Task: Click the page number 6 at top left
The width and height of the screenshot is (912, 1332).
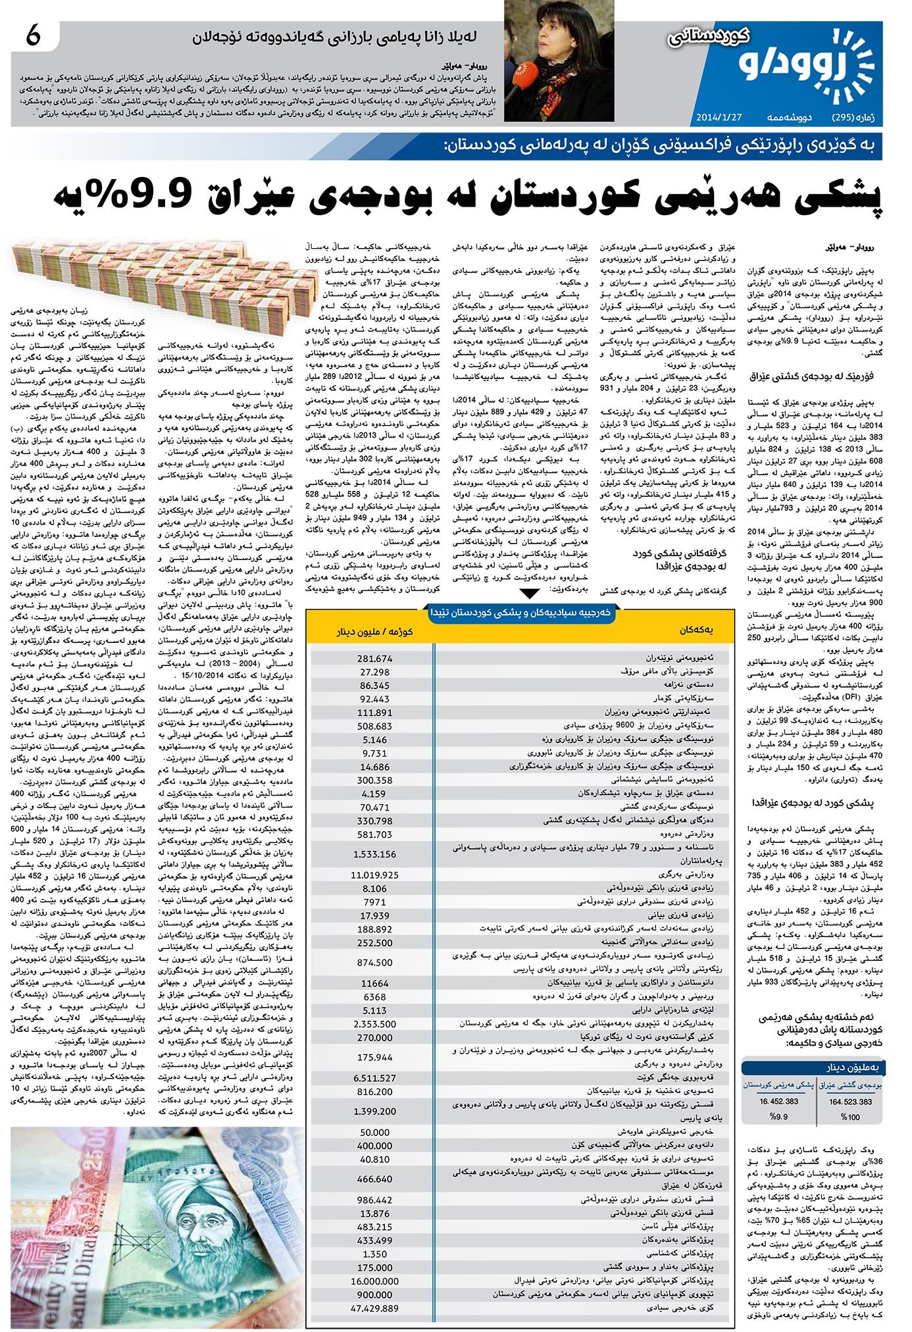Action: pos(34,36)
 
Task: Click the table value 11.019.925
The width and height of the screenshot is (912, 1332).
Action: pos(375,875)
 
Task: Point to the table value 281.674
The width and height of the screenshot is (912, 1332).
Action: pos(375,658)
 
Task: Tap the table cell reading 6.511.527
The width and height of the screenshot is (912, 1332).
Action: pos(375,1077)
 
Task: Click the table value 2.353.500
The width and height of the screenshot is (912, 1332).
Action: pos(375,1023)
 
